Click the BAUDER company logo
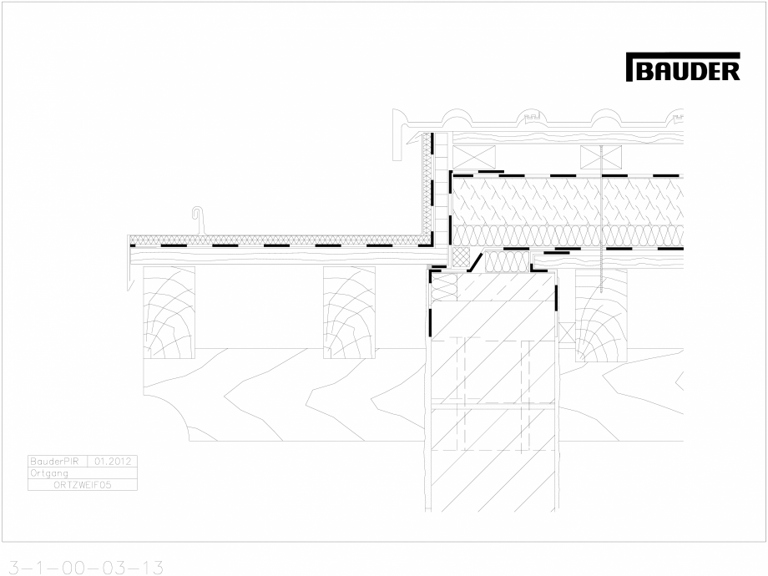tap(682, 68)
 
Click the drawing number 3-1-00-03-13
tap(83, 568)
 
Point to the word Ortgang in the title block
tap(48, 472)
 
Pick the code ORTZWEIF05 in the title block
tap(82, 483)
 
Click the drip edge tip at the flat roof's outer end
tap(130, 284)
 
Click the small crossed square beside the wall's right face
tap(566, 331)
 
